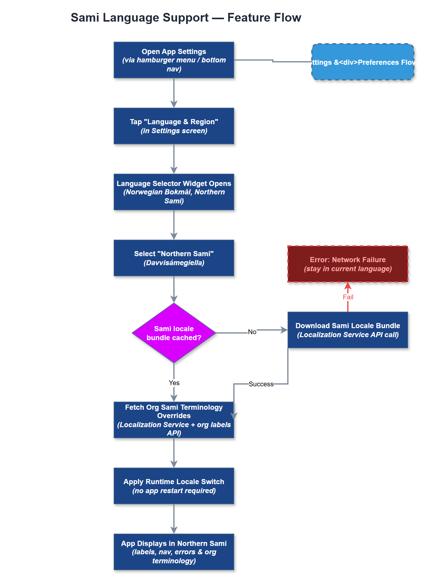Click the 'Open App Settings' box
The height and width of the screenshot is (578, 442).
point(174,60)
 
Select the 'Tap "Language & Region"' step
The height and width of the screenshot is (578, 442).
point(174,126)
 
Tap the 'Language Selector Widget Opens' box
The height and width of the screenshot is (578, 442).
point(174,192)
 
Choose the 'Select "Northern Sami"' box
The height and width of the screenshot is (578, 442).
point(174,258)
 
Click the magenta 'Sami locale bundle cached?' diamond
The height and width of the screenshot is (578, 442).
point(174,333)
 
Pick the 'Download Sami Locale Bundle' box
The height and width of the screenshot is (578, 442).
point(348,330)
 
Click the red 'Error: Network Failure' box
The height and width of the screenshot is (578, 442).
point(348,264)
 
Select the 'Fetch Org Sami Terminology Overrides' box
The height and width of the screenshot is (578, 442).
point(174,420)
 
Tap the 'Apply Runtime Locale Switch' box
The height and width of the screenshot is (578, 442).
point(174,486)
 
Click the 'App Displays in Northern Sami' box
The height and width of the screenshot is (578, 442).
point(174,552)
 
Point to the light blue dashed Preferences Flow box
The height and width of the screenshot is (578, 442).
point(363,62)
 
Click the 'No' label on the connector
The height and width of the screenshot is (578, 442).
point(252,332)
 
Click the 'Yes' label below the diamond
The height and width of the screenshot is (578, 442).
point(174,383)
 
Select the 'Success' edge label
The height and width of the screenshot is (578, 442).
point(261,384)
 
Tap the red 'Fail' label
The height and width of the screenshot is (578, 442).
point(348,297)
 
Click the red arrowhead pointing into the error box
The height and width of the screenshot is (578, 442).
point(348,286)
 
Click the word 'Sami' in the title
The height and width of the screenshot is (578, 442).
point(85,18)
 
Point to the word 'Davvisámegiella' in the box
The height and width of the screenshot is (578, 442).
point(174,263)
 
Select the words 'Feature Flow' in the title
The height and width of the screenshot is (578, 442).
point(264,18)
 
